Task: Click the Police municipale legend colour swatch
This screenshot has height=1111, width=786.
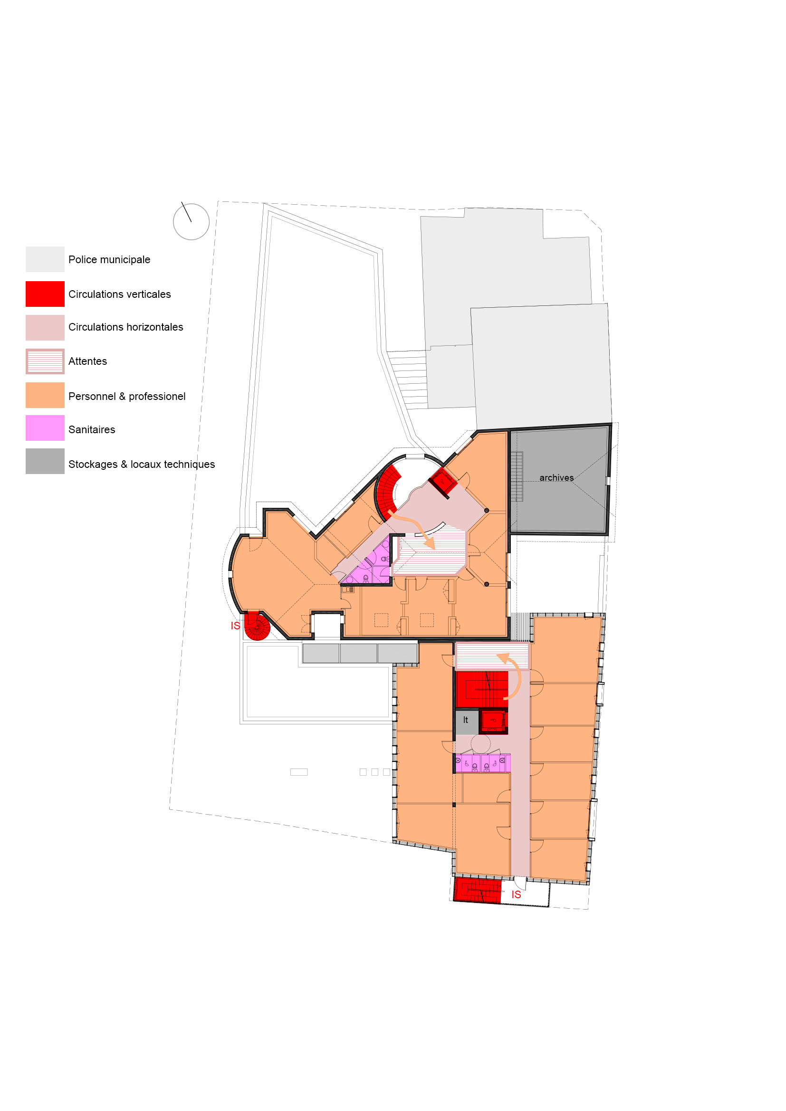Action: pyautogui.click(x=45, y=259)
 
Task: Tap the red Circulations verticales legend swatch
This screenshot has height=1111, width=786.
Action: pyautogui.click(x=45, y=294)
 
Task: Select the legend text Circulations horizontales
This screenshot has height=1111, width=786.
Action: pyautogui.click(x=126, y=327)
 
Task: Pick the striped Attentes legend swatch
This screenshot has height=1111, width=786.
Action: pyautogui.click(x=45, y=361)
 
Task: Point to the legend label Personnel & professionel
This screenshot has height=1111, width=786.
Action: pyautogui.click(x=127, y=396)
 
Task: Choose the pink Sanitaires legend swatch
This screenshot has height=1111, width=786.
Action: pyautogui.click(x=45, y=428)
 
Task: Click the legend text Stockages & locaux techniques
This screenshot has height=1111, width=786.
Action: pyautogui.click(x=142, y=465)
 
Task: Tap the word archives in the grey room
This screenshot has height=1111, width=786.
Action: pyautogui.click(x=556, y=477)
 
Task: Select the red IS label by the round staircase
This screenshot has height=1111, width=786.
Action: pyautogui.click(x=235, y=626)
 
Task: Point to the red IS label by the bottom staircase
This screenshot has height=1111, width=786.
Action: pyautogui.click(x=517, y=895)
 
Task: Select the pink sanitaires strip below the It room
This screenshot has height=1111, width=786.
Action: pyautogui.click(x=482, y=763)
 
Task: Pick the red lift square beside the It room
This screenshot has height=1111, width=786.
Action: pyautogui.click(x=494, y=722)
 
